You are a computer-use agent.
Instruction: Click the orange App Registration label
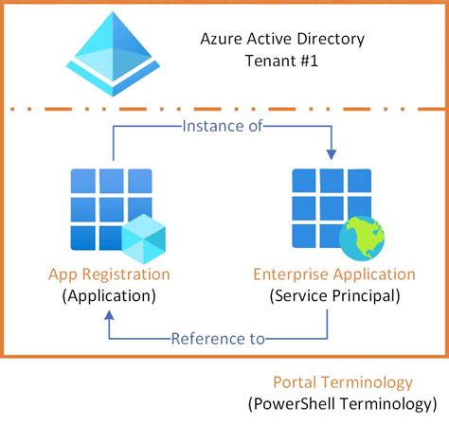tap(110, 274)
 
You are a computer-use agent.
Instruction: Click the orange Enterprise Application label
tap(333, 274)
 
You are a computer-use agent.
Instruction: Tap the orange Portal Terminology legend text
tap(342, 382)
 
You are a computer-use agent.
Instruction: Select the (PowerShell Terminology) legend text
tap(343, 403)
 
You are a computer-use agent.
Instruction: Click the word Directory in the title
tap(328, 40)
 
